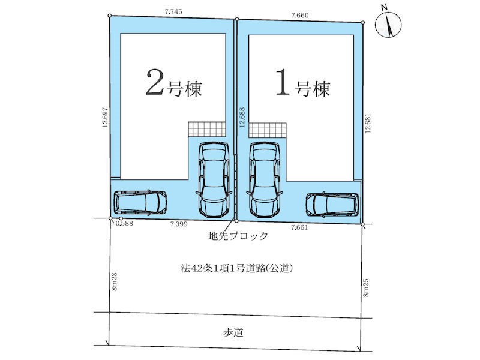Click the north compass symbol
pos(388,24)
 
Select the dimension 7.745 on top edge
pos(173,11)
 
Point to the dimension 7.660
pos(300,16)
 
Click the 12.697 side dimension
pos(106,117)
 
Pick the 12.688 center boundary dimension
pos(242,117)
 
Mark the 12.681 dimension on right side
pos(368,123)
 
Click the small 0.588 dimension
pos(124,223)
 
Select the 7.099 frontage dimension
pos(179,224)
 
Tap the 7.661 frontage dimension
pos(299,227)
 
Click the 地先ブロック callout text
pos(238,236)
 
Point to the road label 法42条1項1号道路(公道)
pos(237,269)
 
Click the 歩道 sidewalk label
pos(233,332)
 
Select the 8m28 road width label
pos(115,282)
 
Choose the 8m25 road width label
pos(366,287)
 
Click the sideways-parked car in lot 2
pos(140,202)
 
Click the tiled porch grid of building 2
pos(207,129)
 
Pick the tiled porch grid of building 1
pos(268,130)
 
